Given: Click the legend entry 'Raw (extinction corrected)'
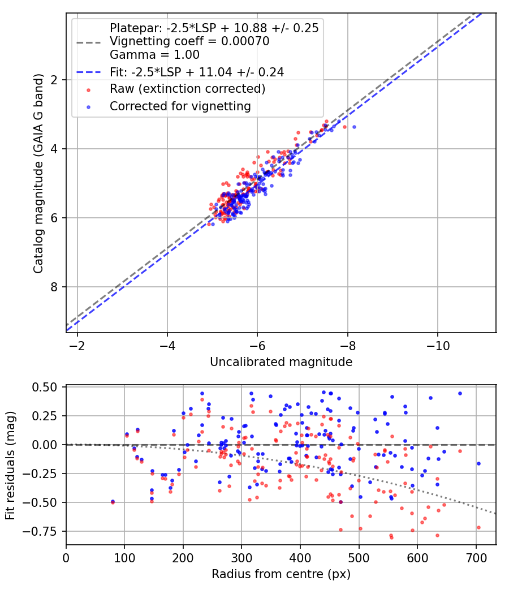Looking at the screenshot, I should coord(187,89).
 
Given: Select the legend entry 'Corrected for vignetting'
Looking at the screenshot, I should coord(180,106).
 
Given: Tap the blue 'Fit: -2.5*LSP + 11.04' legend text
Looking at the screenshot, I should coord(196,72).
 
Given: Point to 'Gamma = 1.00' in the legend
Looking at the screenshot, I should coord(154,55).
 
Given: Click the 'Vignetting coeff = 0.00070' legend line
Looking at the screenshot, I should coord(189,41).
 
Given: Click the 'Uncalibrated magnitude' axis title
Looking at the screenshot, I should coord(281,362).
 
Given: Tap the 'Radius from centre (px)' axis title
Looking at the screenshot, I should coord(281,574).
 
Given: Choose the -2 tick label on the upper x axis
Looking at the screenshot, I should coord(77,345).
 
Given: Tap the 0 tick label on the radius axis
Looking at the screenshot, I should coord(66,558).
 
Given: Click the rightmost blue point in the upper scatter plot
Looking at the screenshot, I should coord(354,127).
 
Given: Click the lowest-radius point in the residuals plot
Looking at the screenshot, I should coord(113,501).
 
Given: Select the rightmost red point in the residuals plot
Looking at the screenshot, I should coord(478,527).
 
